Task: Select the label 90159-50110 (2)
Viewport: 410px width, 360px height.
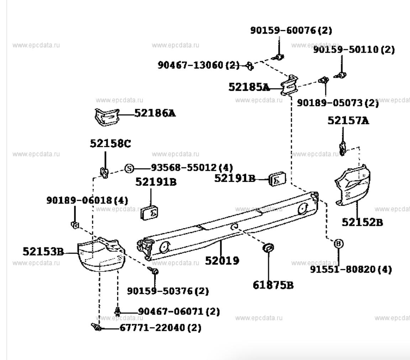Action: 354,49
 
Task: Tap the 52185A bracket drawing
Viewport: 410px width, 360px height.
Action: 289,85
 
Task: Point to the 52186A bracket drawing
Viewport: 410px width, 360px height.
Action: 107,117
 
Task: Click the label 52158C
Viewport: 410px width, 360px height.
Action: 110,143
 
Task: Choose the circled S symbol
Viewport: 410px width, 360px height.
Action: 129,168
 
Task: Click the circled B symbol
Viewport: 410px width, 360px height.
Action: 338,244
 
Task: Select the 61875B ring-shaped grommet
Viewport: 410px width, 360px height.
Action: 268,248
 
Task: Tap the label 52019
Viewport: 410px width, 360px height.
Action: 222,261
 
